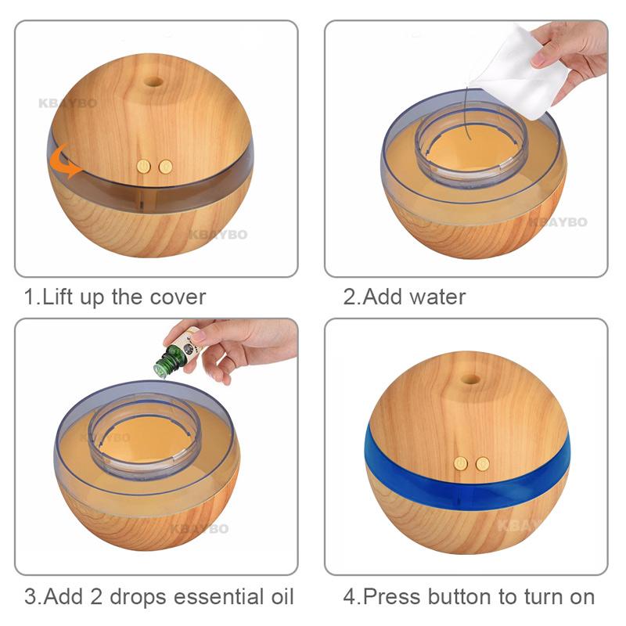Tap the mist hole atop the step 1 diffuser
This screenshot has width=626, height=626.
(154, 81)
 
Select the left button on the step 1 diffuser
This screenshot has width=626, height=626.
(144, 167)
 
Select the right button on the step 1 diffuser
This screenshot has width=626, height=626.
(165, 167)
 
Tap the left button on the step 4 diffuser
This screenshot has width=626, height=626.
(462, 464)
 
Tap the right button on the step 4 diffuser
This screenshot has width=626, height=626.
(483, 464)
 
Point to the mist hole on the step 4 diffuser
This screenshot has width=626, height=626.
(470, 378)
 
